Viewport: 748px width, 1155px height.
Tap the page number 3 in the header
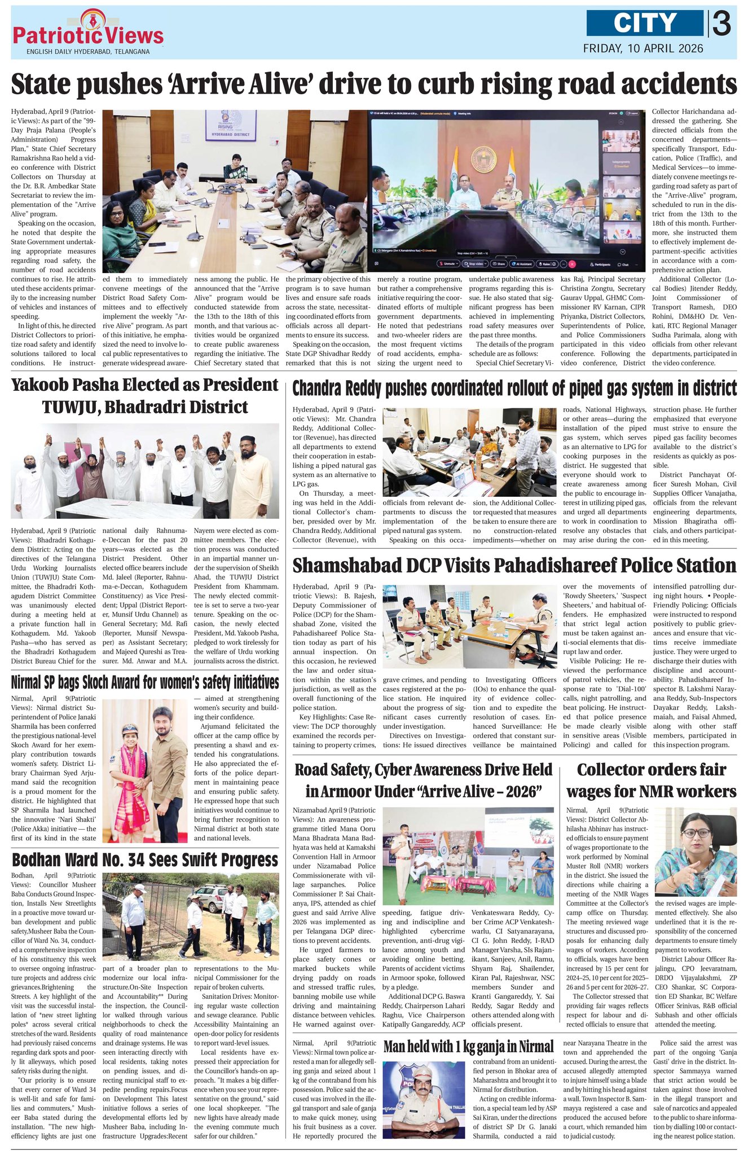point(721,24)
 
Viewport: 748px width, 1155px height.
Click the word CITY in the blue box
point(645,23)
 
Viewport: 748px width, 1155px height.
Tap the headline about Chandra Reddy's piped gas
point(514,388)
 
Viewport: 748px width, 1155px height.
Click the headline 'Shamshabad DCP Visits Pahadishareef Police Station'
point(514,566)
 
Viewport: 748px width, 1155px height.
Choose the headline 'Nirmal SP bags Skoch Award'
point(145,682)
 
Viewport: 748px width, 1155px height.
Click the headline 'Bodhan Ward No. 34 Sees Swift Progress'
point(145,859)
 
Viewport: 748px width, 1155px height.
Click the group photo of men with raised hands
point(145,471)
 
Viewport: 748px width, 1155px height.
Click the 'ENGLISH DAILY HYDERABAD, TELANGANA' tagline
point(88,52)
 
